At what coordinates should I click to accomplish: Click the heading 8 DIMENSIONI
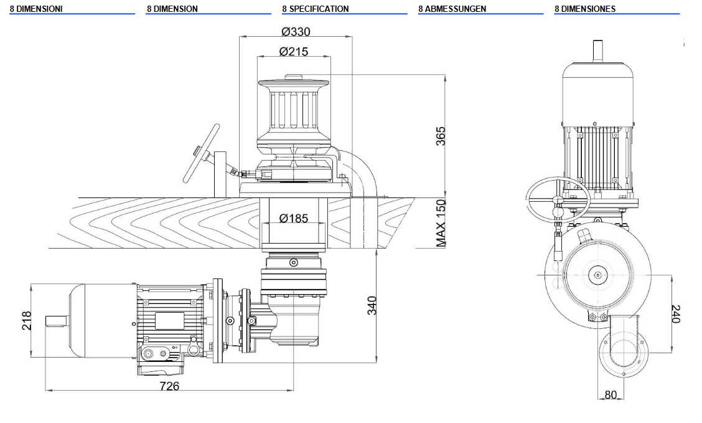coord(36,9)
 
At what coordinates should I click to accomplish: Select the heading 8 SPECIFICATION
coord(315,9)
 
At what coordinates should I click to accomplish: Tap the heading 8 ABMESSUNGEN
coord(452,9)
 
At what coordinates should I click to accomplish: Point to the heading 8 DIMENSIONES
coord(585,9)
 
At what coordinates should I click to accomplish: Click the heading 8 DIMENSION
coord(172,9)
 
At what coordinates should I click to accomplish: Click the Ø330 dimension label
coord(296,32)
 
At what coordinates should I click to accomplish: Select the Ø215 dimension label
coord(294,52)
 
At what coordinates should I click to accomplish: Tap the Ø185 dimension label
coord(294,219)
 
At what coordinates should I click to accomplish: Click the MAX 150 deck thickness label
coord(441,222)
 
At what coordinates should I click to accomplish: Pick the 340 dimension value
coord(372,305)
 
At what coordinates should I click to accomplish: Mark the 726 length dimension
coord(169,386)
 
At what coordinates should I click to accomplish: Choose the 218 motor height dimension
coord(27,320)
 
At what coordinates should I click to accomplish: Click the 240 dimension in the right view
coord(676,313)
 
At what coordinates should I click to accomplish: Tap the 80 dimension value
coord(610,394)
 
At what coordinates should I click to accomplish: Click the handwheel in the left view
coord(201,153)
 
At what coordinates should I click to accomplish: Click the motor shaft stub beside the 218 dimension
coord(56,320)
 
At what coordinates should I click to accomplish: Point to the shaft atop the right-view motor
coord(598,50)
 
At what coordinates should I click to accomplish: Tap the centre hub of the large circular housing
coord(597,273)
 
